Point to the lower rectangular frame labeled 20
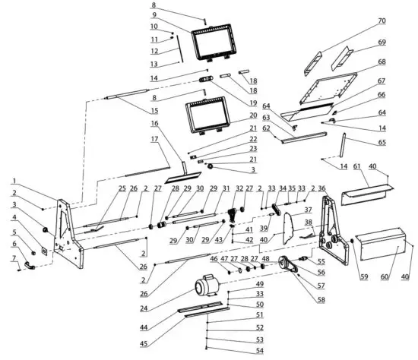click(x=206, y=118)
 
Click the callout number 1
click(x=14, y=181)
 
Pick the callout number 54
click(x=259, y=350)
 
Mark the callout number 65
click(x=381, y=142)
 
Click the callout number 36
click(x=322, y=188)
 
